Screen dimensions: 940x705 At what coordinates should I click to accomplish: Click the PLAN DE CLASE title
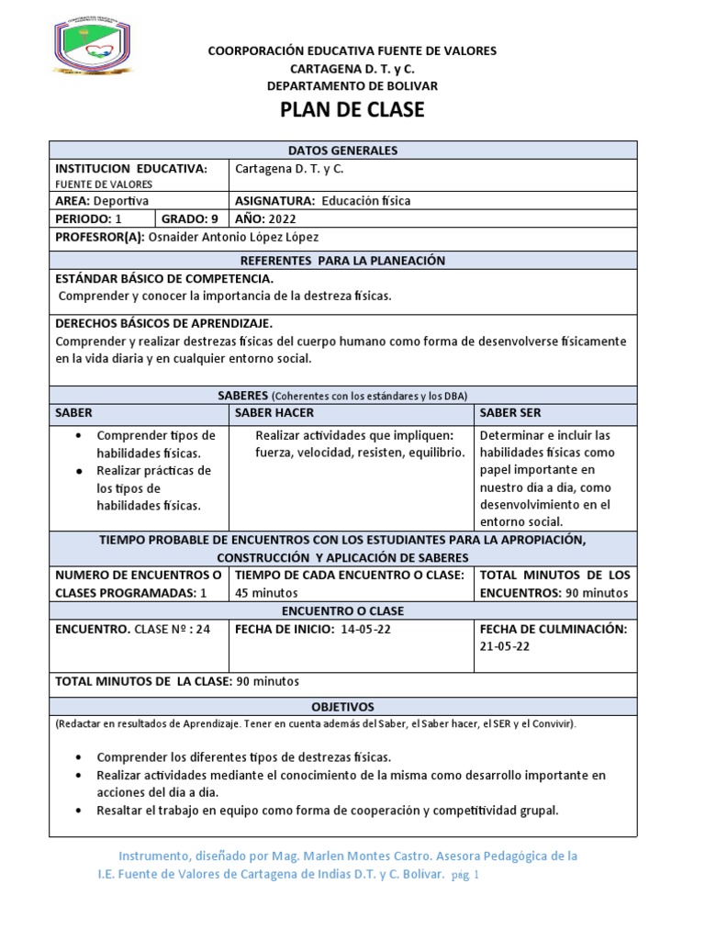[352, 110]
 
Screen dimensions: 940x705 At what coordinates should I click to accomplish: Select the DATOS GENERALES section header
[342, 151]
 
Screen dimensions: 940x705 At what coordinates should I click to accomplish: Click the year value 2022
[284, 218]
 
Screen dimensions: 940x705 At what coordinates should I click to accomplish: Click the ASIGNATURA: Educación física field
[323, 200]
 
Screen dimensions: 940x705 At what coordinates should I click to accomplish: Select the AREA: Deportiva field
[102, 200]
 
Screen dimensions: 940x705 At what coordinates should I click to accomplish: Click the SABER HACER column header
[274, 413]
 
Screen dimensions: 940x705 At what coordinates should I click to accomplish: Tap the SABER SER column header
[510, 413]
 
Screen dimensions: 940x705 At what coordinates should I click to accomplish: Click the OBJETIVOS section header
[342, 707]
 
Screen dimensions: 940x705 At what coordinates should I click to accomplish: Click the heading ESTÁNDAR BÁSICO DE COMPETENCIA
[164, 278]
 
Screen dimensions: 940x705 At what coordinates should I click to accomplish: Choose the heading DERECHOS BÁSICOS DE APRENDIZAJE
[164, 323]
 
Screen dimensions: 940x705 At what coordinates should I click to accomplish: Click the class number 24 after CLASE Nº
[203, 629]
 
